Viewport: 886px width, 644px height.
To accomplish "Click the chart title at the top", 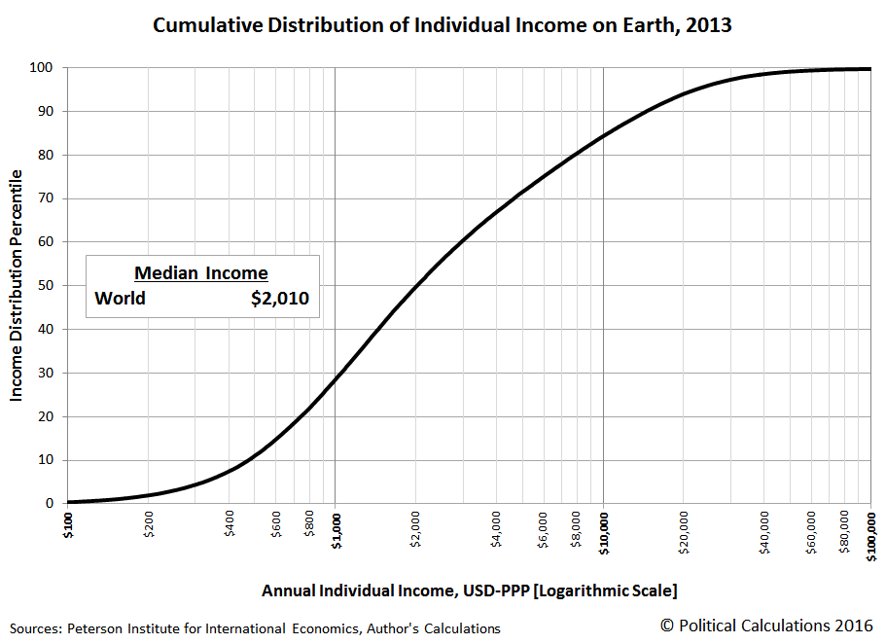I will [443, 25].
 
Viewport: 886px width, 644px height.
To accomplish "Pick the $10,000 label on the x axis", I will [604, 533].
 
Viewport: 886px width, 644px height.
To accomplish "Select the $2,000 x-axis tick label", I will [416, 529].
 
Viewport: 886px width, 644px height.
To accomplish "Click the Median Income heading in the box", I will [201, 273].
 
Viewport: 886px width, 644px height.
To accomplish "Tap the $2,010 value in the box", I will [280, 299].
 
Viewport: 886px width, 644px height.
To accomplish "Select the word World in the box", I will [121, 299].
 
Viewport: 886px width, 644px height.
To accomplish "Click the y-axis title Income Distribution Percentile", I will [17, 285].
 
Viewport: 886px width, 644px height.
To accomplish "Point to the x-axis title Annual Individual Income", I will [469, 590].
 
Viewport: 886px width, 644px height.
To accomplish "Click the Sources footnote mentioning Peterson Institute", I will [255, 628].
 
